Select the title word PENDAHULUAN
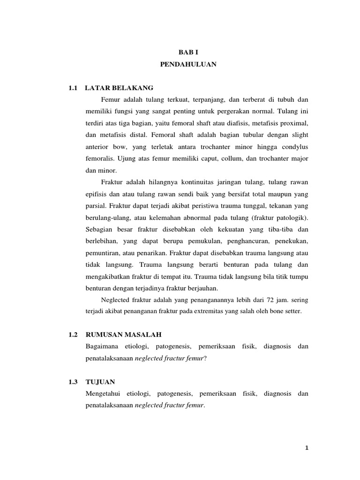188,65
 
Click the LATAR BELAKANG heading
119,88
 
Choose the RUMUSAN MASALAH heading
123,334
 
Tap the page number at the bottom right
307,448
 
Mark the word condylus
293,146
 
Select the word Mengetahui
104,394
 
